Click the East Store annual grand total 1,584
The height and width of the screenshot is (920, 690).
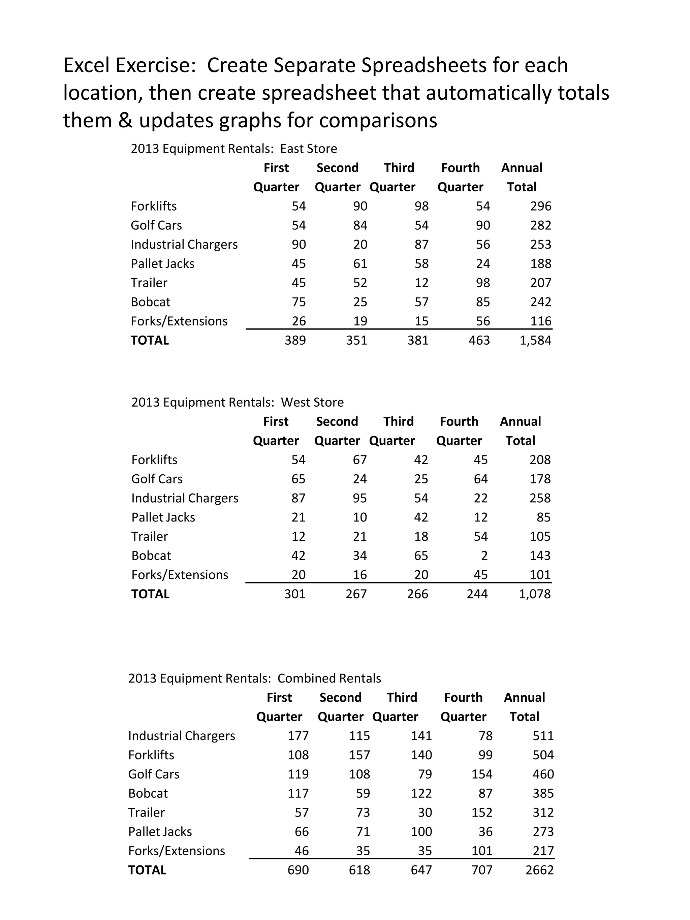(x=535, y=340)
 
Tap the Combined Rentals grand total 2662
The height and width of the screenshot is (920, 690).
(x=539, y=870)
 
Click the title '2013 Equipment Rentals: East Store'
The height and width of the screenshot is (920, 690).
(x=234, y=149)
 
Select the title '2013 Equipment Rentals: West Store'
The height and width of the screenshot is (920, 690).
(x=238, y=402)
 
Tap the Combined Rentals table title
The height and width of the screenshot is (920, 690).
(x=255, y=678)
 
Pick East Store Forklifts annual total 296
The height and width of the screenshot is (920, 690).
(x=541, y=206)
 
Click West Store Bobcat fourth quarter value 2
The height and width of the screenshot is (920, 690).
(x=484, y=556)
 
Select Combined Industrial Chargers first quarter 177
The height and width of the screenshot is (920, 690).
(x=298, y=736)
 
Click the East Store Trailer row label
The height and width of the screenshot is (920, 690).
(x=149, y=283)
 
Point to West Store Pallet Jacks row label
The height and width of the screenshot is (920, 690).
(x=163, y=517)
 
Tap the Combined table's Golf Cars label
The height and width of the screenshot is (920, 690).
(x=154, y=774)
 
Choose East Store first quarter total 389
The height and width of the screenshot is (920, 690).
(x=295, y=340)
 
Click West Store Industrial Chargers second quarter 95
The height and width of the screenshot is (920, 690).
(x=360, y=498)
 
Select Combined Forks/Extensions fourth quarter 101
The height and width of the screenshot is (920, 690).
(x=482, y=851)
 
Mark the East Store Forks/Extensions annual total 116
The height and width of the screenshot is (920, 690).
(x=541, y=321)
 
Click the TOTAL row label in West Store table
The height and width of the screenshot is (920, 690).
(x=150, y=594)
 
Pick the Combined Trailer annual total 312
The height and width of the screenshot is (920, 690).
(x=543, y=812)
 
